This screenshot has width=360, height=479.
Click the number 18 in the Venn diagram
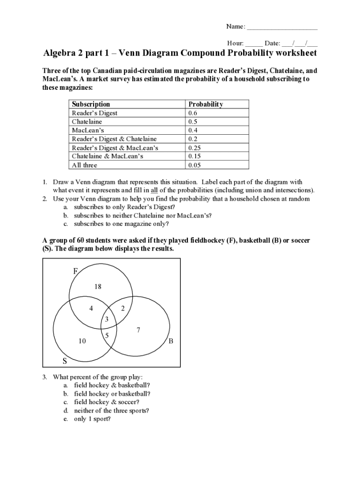coord(98,287)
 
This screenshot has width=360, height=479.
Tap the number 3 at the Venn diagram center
coord(107,319)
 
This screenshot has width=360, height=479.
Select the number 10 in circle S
coord(82,341)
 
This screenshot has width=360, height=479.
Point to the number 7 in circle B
coord(138,330)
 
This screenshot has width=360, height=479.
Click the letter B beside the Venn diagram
coord(171,341)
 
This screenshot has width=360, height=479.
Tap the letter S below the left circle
coord(65,361)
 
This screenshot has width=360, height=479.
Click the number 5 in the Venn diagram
coord(107,335)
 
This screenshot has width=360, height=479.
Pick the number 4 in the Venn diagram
coord(91,308)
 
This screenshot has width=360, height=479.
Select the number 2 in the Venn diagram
coord(122,308)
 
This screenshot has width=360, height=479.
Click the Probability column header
coord(205,104)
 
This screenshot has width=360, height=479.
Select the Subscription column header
coord(91,104)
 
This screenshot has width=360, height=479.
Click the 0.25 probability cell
coord(194,148)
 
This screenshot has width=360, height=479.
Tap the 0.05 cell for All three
coord(194,165)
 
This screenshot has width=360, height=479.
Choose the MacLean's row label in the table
coord(88,131)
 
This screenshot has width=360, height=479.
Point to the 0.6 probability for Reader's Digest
coord(193,113)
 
